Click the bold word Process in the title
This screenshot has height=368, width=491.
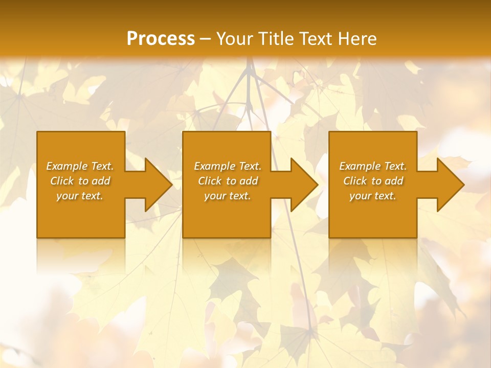pos(161,39)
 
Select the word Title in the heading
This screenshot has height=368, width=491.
pos(276,39)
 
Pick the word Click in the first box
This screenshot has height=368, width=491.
pos(62,181)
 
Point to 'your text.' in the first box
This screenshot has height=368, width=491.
pos(80,196)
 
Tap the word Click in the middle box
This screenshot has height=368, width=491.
pos(210,181)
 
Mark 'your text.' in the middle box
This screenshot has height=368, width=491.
pos(227,196)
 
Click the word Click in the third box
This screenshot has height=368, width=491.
pos(355,181)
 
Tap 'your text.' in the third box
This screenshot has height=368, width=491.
pos(372,196)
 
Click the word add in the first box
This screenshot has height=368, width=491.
pos(101,181)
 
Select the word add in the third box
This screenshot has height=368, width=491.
pos(394,181)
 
